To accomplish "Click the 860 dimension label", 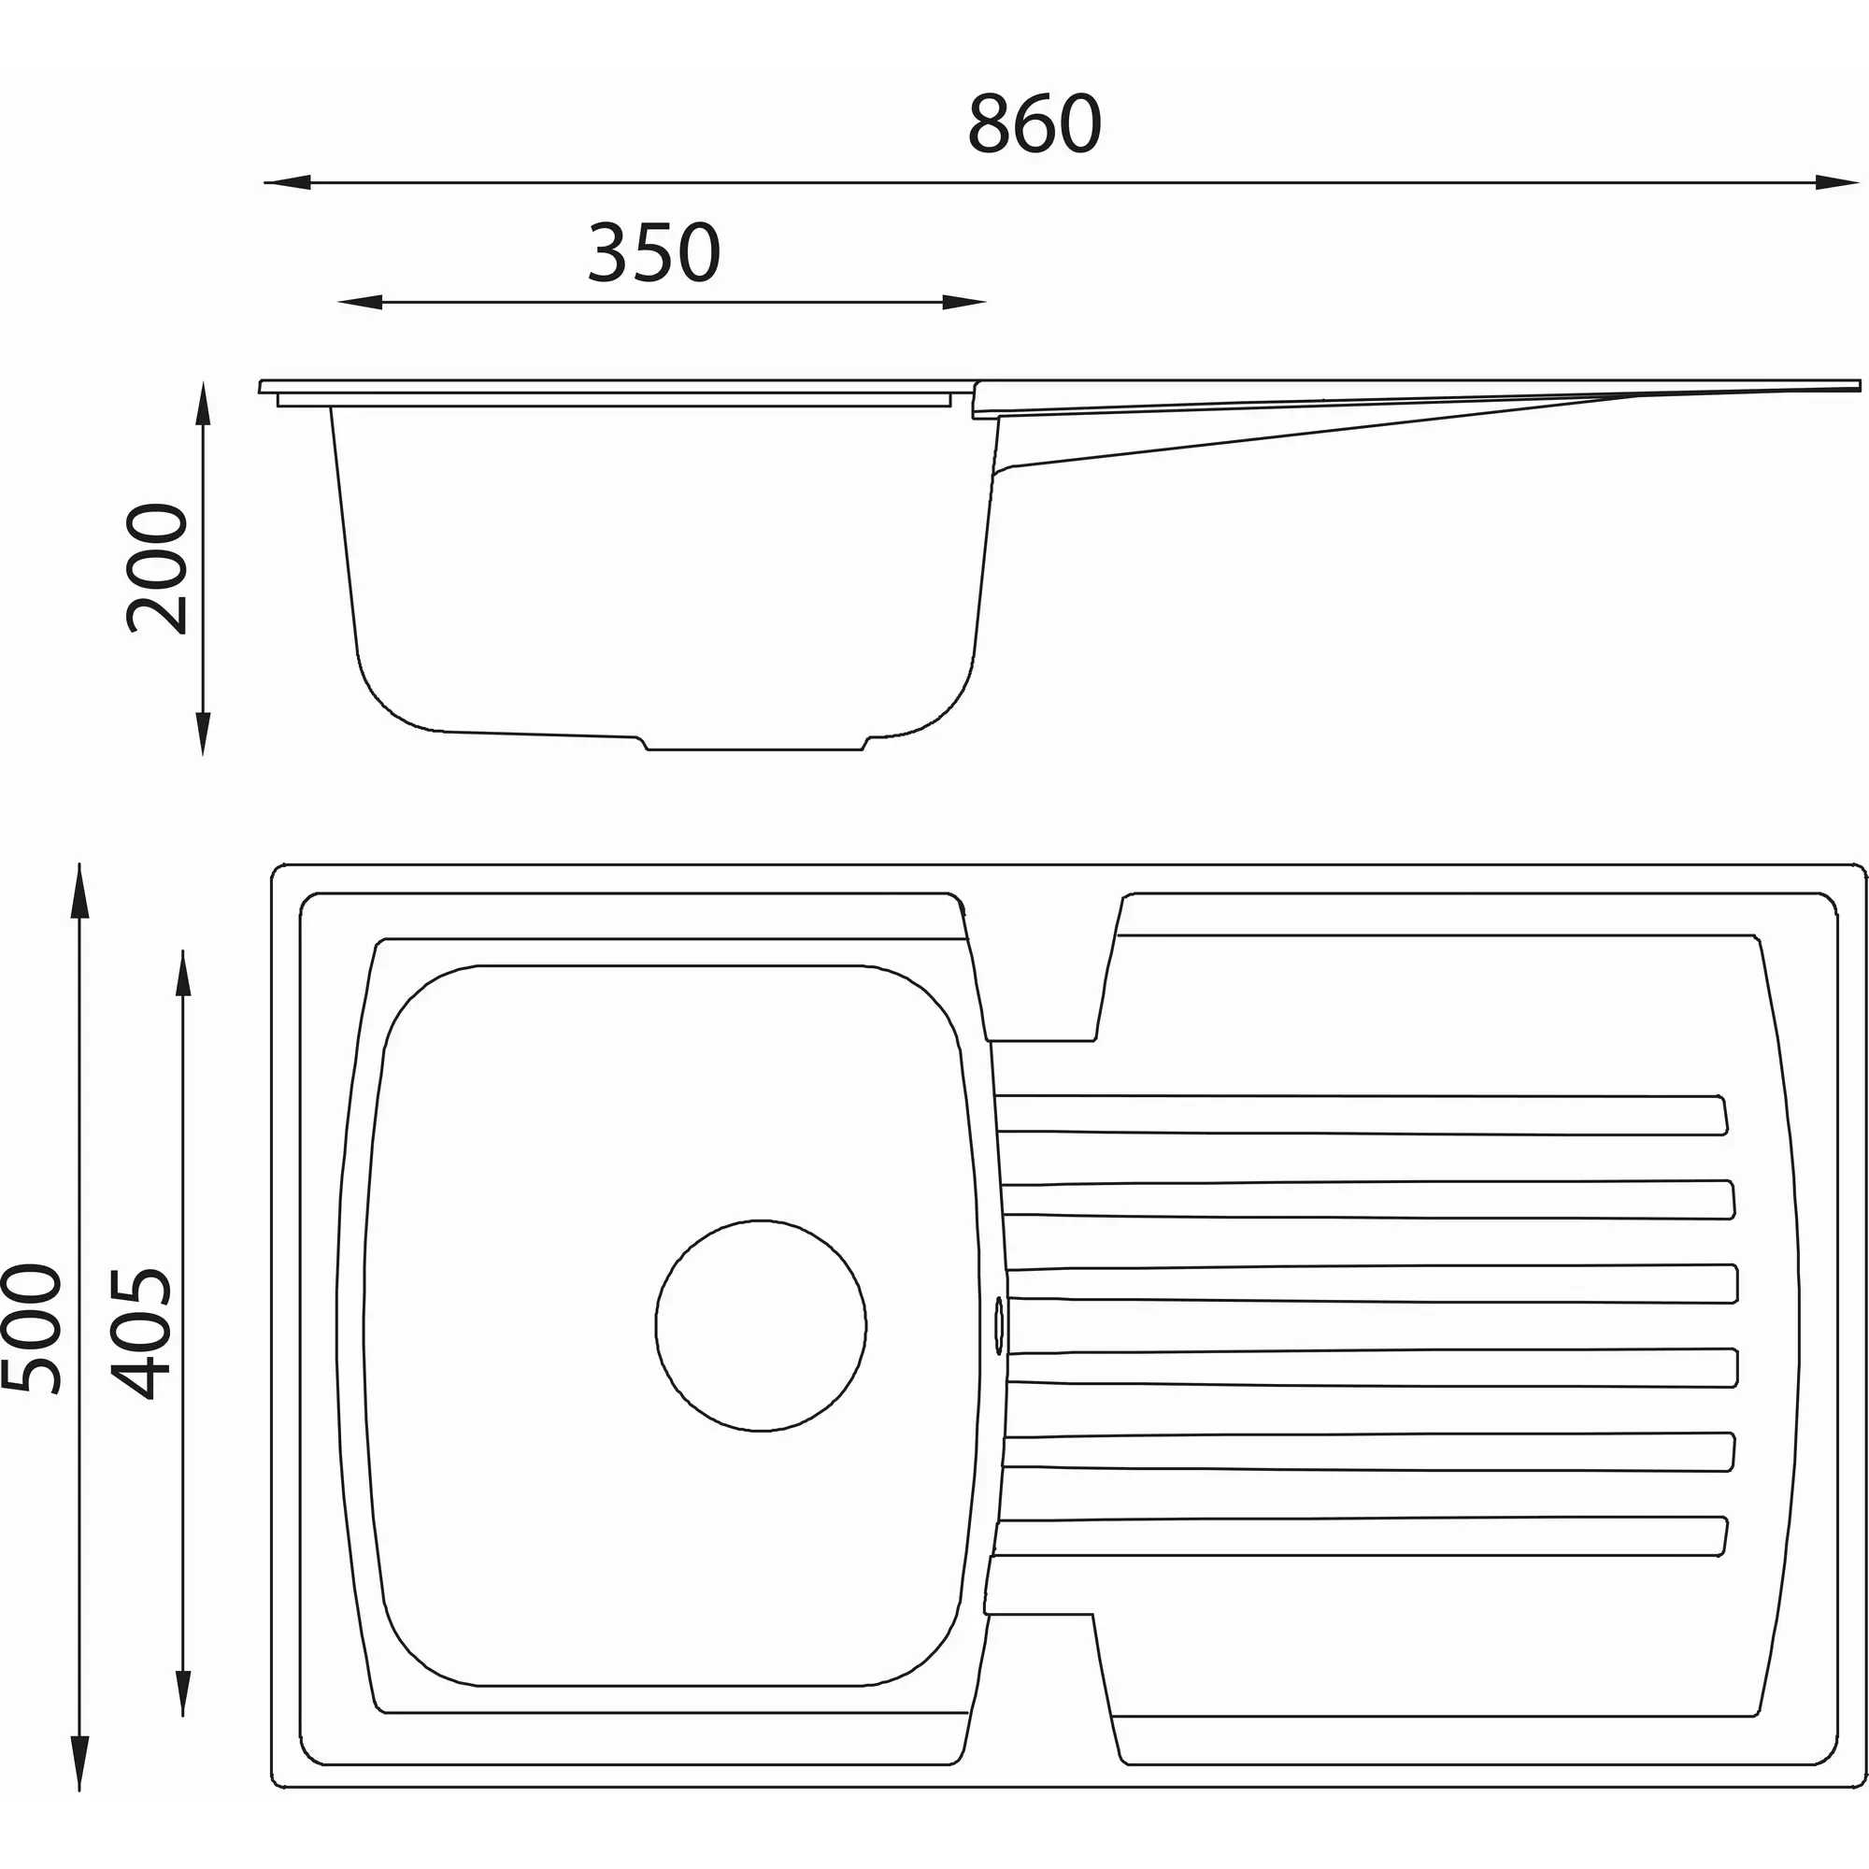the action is pyautogui.click(x=1034, y=124).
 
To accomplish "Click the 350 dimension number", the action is pyautogui.click(x=654, y=252).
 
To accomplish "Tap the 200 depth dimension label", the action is pyautogui.click(x=157, y=568).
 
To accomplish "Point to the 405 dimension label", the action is pyautogui.click(x=140, y=1334).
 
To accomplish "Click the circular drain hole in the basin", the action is pyautogui.click(x=761, y=1325).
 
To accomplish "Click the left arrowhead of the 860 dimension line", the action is pyautogui.click(x=286, y=182).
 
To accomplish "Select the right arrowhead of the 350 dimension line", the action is pyautogui.click(x=964, y=303).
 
